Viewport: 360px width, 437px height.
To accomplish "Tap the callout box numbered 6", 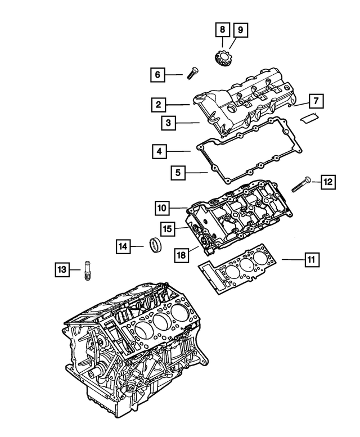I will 158,74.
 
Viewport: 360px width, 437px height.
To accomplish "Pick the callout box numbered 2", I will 159,104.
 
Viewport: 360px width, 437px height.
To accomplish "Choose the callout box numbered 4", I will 160,151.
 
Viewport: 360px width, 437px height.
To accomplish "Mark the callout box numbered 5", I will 178,173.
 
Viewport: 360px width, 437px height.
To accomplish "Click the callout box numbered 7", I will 316,102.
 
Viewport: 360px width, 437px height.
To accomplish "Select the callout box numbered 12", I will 328,181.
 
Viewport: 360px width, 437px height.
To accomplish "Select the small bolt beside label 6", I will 191,73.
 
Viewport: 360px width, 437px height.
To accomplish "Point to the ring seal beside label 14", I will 155,246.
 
